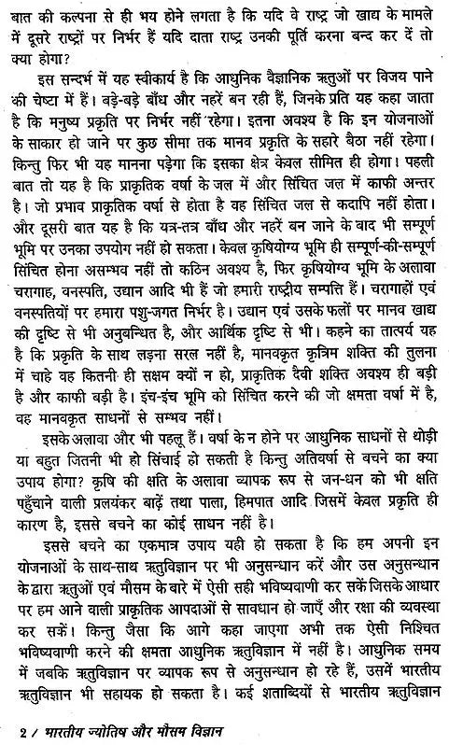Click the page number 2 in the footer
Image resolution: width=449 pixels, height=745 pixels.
coord(8,731)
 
